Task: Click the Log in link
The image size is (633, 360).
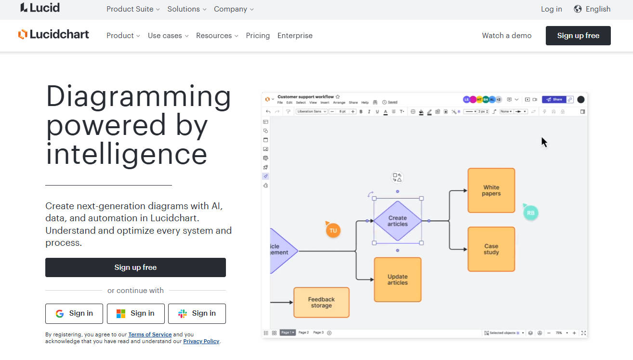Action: (x=551, y=9)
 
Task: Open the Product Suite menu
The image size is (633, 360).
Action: (x=133, y=9)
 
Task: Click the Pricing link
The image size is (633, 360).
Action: (x=258, y=36)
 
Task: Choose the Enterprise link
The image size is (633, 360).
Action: (x=295, y=36)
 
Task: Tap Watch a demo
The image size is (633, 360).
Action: (x=507, y=36)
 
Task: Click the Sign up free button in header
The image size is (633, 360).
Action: (x=578, y=36)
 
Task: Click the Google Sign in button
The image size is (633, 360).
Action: (x=74, y=313)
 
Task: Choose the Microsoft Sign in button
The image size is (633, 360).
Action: (x=135, y=313)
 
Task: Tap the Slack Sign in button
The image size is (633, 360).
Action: (x=197, y=313)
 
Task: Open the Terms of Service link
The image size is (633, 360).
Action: (x=150, y=334)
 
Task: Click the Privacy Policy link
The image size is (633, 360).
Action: (x=201, y=341)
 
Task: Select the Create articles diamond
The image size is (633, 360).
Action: (x=397, y=221)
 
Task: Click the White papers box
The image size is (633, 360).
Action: (x=491, y=190)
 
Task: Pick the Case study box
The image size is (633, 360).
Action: (x=491, y=249)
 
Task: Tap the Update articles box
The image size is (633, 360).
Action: (x=397, y=280)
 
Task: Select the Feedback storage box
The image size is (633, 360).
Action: (x=321, y=302)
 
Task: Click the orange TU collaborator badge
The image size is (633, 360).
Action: (x=333, y=230)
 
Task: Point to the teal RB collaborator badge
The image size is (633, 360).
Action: (x=530, y=213)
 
